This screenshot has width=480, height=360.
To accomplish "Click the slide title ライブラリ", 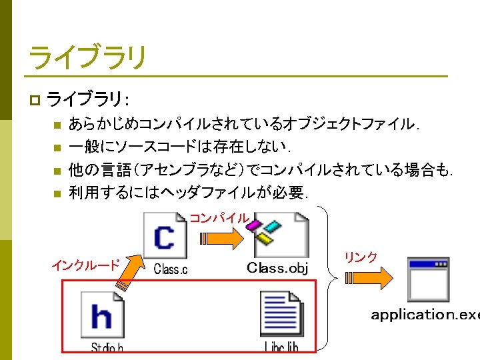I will [x=87, y=58].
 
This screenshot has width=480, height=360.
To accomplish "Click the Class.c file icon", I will [x=165, y=235].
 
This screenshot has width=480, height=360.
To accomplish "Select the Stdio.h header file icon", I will [x=103, y=315].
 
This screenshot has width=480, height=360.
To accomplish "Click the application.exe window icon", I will [x=428, y=279].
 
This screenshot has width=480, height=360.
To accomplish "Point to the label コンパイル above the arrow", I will [x=219, y=218].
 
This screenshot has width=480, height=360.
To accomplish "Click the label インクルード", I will [x=85, y=265].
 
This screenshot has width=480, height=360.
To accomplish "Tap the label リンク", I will [x=361, y=257].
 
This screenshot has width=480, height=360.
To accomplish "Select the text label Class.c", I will [x=171, y=269].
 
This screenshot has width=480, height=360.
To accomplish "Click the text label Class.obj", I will [x=277, y=269].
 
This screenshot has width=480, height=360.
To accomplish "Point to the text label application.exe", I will [x=425, y=314].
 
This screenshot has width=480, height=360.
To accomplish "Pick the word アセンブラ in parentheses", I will [x=174, y=170].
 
